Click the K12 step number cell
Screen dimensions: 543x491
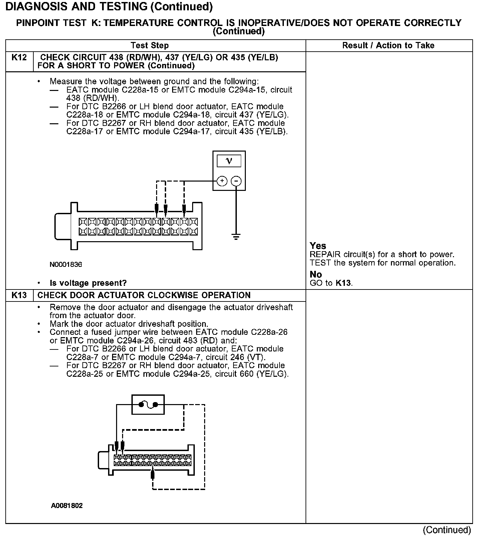19,58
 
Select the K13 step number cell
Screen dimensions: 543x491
19,295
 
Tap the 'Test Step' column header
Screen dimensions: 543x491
149,46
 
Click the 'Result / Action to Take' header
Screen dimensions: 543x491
388,46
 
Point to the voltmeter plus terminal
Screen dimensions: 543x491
222,181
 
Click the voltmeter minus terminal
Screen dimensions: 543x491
236,181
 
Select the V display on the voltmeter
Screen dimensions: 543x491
229,161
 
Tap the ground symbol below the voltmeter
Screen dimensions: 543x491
236,237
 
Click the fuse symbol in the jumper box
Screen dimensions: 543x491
148,405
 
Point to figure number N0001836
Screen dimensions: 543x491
66,265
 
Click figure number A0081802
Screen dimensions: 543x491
67,505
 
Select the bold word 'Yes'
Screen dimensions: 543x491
318,246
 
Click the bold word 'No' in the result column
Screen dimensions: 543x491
316,274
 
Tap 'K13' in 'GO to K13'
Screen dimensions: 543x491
343,283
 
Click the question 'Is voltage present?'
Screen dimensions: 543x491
88,283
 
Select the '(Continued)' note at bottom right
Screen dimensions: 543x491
447,530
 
